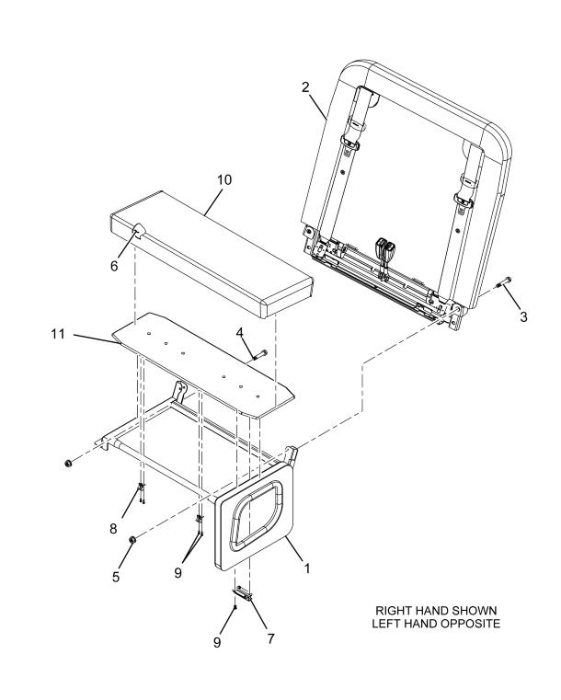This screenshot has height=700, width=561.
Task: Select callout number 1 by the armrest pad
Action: (x=306, y=568)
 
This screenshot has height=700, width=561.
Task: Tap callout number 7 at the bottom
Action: (x=269, y=634)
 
